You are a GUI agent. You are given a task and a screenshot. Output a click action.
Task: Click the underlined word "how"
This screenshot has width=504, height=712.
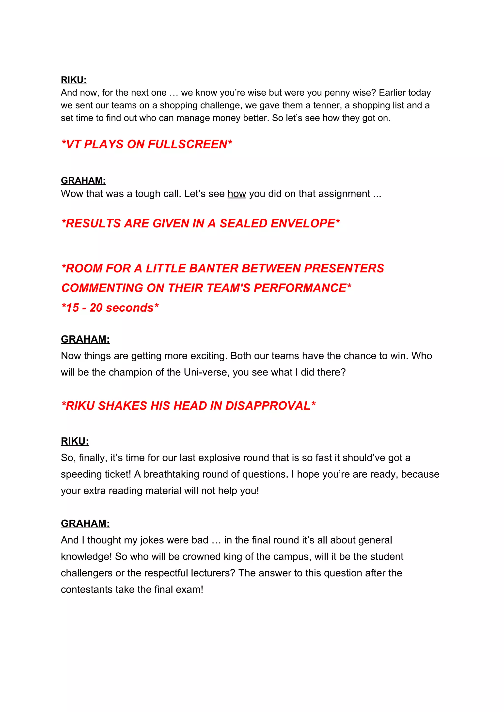[x=237, y=194]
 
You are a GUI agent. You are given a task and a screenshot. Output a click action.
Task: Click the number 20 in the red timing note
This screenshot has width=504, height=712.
[x=96, y=308]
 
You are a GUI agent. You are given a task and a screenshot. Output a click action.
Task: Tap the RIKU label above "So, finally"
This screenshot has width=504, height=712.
[x=75, y=441]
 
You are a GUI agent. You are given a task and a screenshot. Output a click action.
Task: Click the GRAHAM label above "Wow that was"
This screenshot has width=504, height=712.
[x=83, y=181]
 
